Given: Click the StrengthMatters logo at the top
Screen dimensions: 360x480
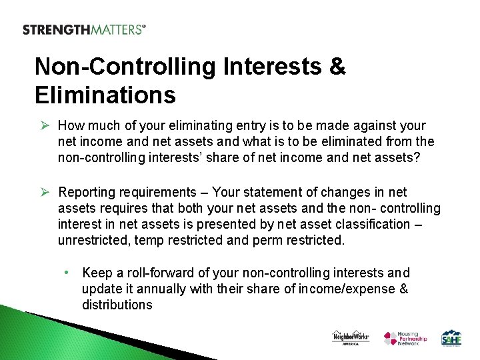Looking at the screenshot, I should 84,29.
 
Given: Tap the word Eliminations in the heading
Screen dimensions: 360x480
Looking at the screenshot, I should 105,95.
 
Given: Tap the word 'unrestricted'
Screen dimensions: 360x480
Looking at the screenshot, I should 94,240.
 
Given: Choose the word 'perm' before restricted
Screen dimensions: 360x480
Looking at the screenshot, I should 268,240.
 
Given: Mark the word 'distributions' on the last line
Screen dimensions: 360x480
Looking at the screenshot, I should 117,305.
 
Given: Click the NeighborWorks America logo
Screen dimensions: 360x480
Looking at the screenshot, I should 351,338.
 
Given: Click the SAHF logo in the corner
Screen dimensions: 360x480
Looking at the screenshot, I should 451,338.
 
